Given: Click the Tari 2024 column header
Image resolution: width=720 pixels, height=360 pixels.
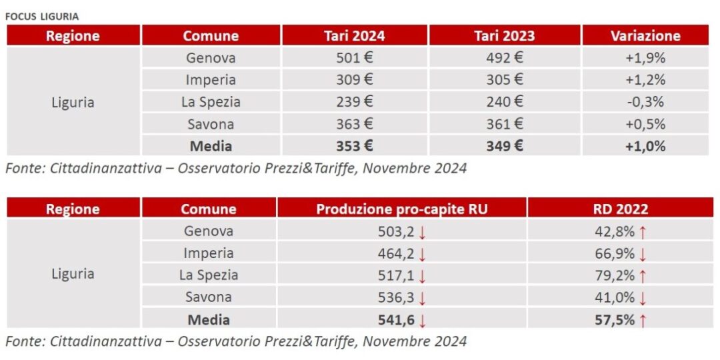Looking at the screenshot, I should click(x=354, y=36).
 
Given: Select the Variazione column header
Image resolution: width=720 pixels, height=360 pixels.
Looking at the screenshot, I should click(x=645, y=36).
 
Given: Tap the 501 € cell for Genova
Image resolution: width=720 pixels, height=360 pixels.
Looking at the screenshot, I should click(x=354, y=58).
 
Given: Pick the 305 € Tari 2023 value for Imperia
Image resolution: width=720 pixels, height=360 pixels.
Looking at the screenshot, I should click(x=504, y=80).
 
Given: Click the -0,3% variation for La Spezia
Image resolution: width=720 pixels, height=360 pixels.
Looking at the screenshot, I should click(x=645, y=102).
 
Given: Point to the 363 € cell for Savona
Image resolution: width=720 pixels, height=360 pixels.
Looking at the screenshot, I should click(x=354, y=124).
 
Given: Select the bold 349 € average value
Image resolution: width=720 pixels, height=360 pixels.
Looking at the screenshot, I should click(x=504, y=146).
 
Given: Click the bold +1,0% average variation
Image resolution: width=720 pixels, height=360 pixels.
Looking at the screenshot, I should click(x=645, y=146).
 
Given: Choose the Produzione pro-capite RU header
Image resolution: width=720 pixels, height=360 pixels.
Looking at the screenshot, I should click(x=402, y=209).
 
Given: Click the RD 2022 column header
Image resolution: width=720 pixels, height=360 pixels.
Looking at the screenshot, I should click(x=621, y=209).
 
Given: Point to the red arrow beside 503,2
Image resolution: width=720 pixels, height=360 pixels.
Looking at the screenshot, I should click(x=423, y=232).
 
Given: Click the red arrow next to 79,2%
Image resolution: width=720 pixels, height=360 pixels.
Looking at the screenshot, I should click(x=643, y=276).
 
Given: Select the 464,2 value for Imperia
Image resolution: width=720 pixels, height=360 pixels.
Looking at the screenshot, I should click(x=396, y=253).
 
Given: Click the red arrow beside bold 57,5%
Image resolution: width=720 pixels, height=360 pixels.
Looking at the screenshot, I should click(x=643, y=321).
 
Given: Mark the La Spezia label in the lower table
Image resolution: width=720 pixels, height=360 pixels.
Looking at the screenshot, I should click(x=209, y=275).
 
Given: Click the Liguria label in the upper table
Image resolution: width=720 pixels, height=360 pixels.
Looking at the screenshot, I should click(x=73, y=103).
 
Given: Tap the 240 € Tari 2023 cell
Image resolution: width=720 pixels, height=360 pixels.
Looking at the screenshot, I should click(x=504, y=102).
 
